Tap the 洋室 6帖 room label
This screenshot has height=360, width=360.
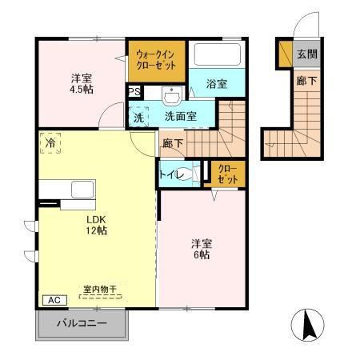[200, 249]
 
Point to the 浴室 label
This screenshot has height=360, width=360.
[216, 83]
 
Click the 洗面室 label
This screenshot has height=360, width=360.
[180, 116]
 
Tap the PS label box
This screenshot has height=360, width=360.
[134, 91]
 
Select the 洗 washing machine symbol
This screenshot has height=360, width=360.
[138, 116]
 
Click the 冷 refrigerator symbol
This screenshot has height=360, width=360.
[49, 145]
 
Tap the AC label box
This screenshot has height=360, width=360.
[54, 300]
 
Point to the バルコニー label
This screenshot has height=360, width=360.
[82, 324]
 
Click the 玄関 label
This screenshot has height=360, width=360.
[306, 54]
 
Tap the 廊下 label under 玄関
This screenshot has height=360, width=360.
[306, 81]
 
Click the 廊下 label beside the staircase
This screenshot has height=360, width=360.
[173, 144]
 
